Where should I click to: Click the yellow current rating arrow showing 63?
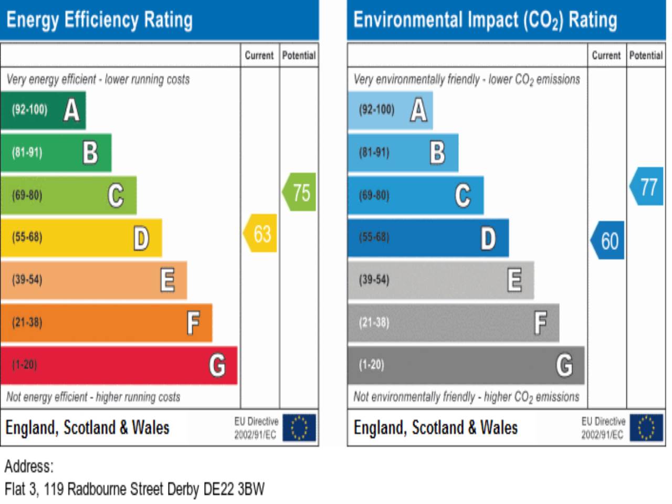tap(261, 234)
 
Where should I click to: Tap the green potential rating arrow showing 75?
tap(300, 192)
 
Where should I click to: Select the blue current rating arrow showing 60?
tap(608, 240)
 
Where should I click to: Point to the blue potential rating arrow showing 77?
tap(647, 186)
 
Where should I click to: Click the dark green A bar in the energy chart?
tap(43, 110)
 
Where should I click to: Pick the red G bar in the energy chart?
tap(119, 365)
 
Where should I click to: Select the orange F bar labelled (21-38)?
tap(106, 322)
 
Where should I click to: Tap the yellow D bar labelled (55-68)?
tap(81, 237)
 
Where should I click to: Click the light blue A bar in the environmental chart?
tap(390, 110)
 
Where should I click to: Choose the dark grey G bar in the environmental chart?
tap(466, 365)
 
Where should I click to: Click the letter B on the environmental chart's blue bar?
tap(437, 153)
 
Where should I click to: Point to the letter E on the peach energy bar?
tap(167, 280)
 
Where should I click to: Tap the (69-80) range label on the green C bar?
tap(27, 195)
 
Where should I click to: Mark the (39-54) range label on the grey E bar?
tap(374, 280)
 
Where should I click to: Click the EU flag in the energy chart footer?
tap(299, 427)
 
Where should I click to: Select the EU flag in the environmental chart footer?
tap(646, 427)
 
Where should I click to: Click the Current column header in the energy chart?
tap(259, 55)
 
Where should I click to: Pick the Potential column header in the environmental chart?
tap(646, 55)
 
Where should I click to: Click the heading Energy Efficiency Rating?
tap(100, 20)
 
